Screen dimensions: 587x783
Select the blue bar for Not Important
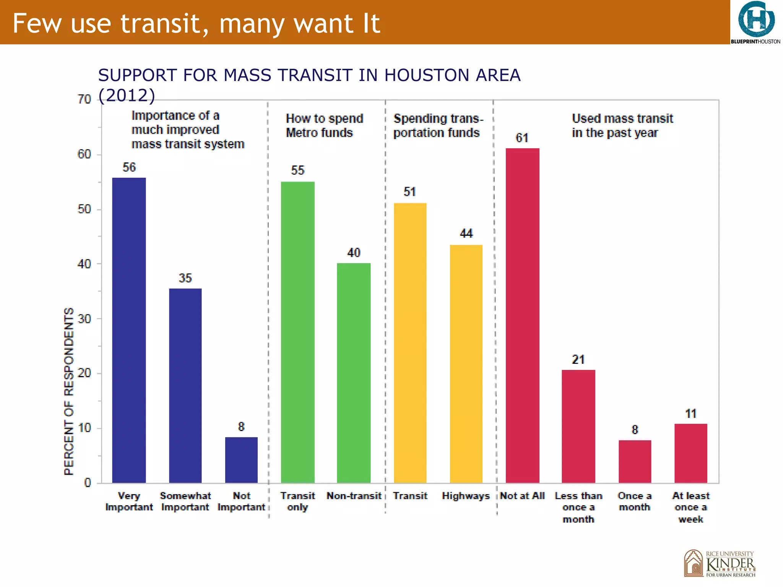[241, 460]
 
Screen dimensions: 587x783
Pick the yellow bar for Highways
[466, 363]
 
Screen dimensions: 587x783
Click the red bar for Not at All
[522, 315]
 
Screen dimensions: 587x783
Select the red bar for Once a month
[635, 461]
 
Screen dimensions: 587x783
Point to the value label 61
[522, 138]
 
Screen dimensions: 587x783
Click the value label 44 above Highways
[466, 233]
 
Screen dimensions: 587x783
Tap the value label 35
[185, 278]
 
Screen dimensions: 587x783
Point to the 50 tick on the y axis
[84, 209]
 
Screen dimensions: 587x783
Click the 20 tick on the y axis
[84, 373]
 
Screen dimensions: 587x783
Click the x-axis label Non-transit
[354, 496]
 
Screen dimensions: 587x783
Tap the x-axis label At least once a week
[690, 507]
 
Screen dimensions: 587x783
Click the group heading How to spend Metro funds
[324, 125]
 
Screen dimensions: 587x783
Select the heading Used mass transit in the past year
[622, 125]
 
